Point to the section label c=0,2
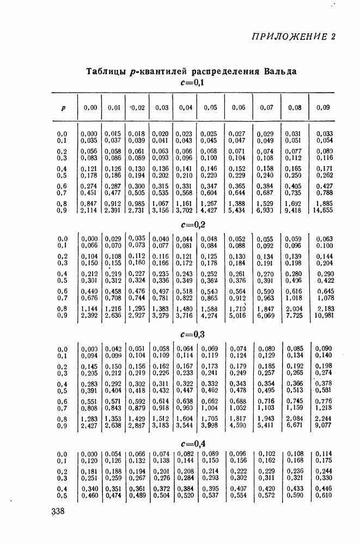[x=191, y=224]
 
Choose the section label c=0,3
[x=191, y=334]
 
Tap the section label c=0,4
[x=191, y=443]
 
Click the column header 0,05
[x=210, y=108]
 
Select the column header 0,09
[x=323, y=108]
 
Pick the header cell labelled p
[x=64, y=108]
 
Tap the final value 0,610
[x=324, y=496]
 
